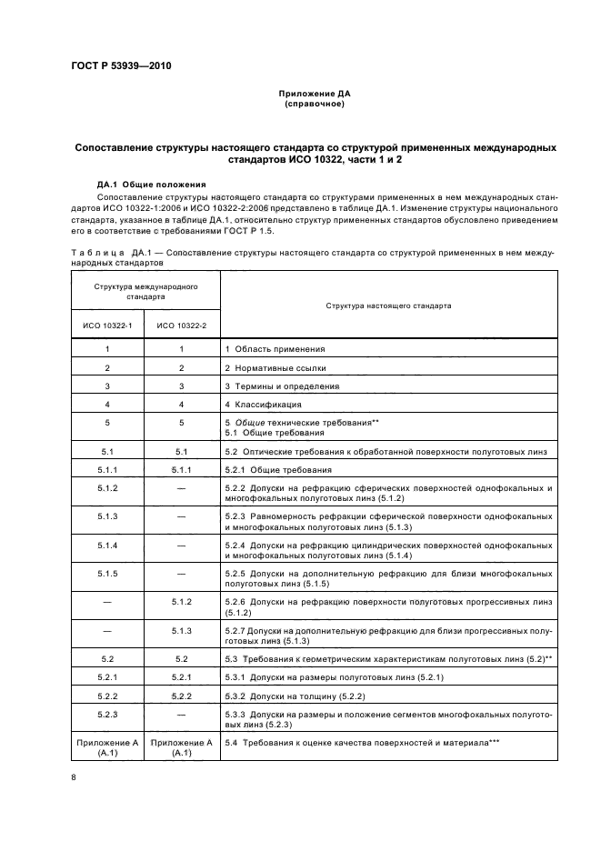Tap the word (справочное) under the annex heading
[x=314, y=104]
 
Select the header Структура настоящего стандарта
[x=388, y=306]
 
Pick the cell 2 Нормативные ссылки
[x=275, y=367]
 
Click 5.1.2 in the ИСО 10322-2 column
[x=181, y=602]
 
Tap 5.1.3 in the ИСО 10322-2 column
[x=181, y=630]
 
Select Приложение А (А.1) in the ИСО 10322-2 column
[x=181, y=748]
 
